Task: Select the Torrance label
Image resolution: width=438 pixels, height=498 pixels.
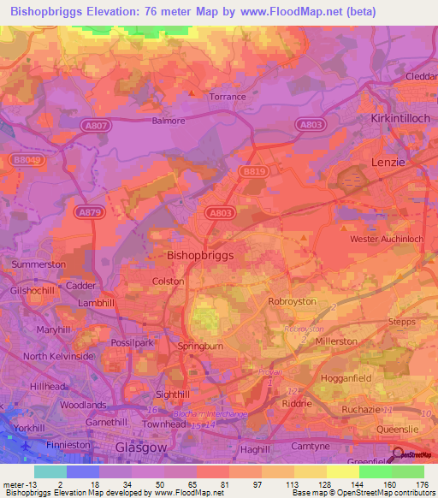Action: point(228,97)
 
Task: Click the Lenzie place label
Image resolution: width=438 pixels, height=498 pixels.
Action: point(388,160)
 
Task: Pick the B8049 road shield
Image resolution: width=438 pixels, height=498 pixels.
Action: point(27,160)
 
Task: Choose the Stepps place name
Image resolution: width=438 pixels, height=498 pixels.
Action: point(401,323)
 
